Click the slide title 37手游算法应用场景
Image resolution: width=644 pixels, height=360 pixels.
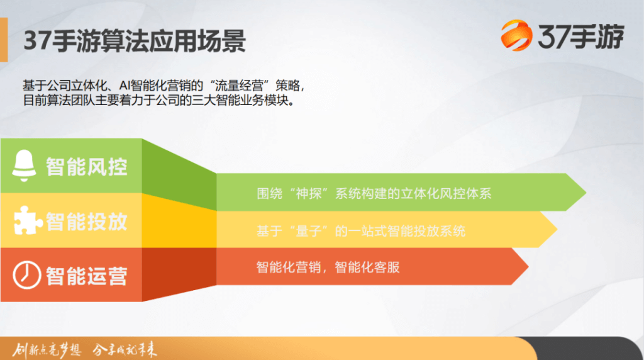pos(135,41)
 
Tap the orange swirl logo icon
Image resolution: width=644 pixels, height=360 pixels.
pos(516,35)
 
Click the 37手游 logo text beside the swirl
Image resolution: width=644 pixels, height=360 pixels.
pos(580,36)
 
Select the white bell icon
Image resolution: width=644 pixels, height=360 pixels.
pos(24,165)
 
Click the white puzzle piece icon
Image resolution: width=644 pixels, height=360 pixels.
pos(28,220)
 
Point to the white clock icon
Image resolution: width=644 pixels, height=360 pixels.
pos(26,275)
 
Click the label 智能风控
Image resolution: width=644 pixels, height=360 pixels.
pos(86,167)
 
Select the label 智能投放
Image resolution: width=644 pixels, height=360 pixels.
pos(86,222)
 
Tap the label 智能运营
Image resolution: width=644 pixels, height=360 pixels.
pos(86,276)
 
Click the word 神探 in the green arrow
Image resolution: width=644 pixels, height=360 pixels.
pos(308,193)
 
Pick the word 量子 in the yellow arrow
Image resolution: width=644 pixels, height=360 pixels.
pos(308,231)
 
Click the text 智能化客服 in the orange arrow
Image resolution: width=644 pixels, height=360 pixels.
pos(367,267)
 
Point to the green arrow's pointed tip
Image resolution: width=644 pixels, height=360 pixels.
pos(586,192)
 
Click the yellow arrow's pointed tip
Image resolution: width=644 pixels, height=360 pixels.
pos(557,229)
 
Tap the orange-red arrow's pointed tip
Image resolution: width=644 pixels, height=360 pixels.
pos(528,266)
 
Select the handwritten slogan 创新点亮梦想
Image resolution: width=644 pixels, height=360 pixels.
pos(47,350)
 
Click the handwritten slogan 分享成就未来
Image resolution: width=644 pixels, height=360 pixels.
pos(125,350)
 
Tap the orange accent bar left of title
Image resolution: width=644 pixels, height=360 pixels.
pos(4,40)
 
